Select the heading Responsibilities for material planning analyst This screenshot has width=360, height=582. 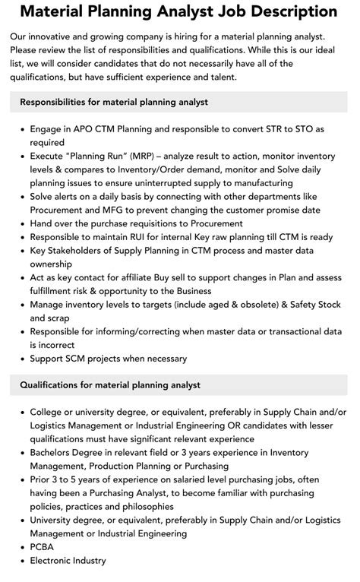click(x=114, y=102)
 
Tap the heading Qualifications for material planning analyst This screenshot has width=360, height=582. click(x=110, y=385)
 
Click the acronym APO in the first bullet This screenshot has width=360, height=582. click(x=90, y=129)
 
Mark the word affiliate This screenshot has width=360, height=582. click(x=139, y=278)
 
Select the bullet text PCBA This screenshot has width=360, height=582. click(x=44, y=547)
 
